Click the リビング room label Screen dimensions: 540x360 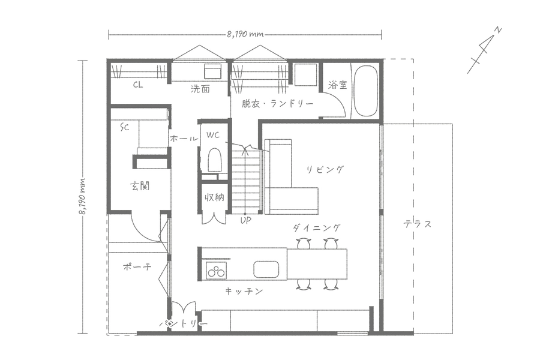(325, 169)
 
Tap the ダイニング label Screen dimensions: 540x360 (317, 228)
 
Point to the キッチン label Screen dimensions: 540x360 (244, 292)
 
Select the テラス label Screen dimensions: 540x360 (418, 224)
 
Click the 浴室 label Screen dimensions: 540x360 (337, 85)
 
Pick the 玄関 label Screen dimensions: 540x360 (140, 187)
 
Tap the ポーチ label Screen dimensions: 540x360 (137, 266)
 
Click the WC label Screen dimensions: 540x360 (213, 135)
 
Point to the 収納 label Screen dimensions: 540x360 (215, 197)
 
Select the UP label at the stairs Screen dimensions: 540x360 (246, 220)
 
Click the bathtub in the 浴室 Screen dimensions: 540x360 (365, 91)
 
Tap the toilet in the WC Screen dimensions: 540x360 (214, 160)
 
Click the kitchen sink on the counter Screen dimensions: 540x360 (266, 269)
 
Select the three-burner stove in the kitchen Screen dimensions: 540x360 (216, 270)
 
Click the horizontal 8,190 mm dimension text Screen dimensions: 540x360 (245, 34)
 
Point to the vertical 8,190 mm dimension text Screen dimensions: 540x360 (83, 197)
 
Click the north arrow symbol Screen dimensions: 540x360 (484, 50)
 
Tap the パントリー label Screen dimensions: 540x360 (184, 324)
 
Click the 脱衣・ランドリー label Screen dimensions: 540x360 (277, 103)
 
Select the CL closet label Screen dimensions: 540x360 (138, 85)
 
